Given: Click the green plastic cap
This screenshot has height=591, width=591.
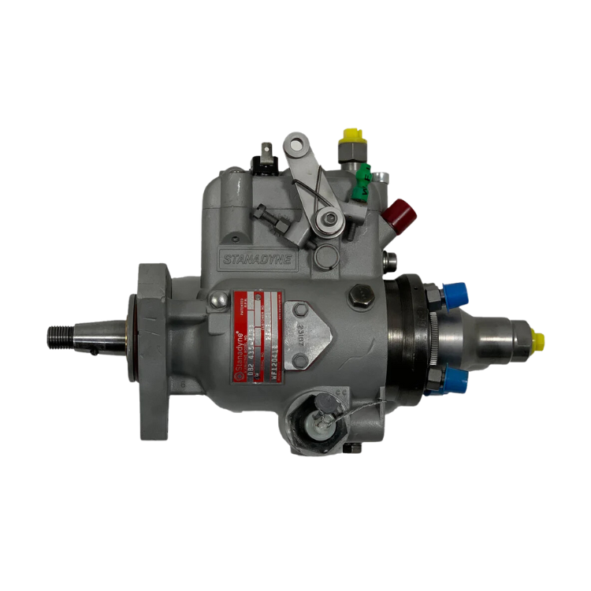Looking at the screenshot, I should [363, 180].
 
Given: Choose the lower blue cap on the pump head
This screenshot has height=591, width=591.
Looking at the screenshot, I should [455, 385].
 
